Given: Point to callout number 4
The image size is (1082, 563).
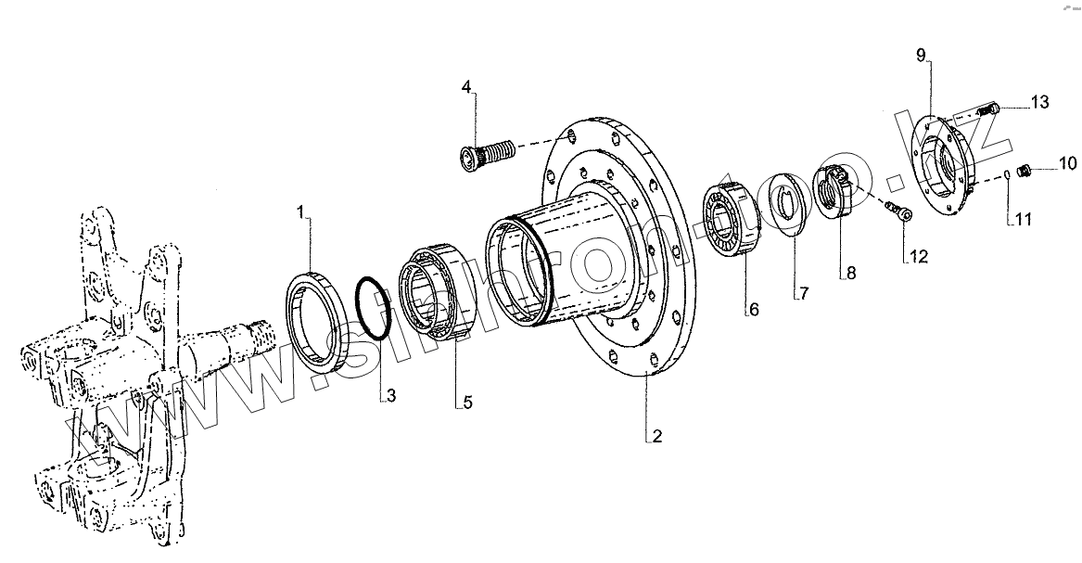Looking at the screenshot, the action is [467, 87].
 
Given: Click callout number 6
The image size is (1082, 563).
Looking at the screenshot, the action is [754, 310].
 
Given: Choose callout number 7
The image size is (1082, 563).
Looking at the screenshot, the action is [804, 293].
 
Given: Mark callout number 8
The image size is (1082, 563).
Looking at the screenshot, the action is [848, 274].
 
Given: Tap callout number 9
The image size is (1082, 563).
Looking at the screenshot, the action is [921, 56].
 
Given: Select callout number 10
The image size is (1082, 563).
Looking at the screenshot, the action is [1069, 165].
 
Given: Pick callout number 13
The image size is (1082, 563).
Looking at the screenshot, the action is [1039, 101].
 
